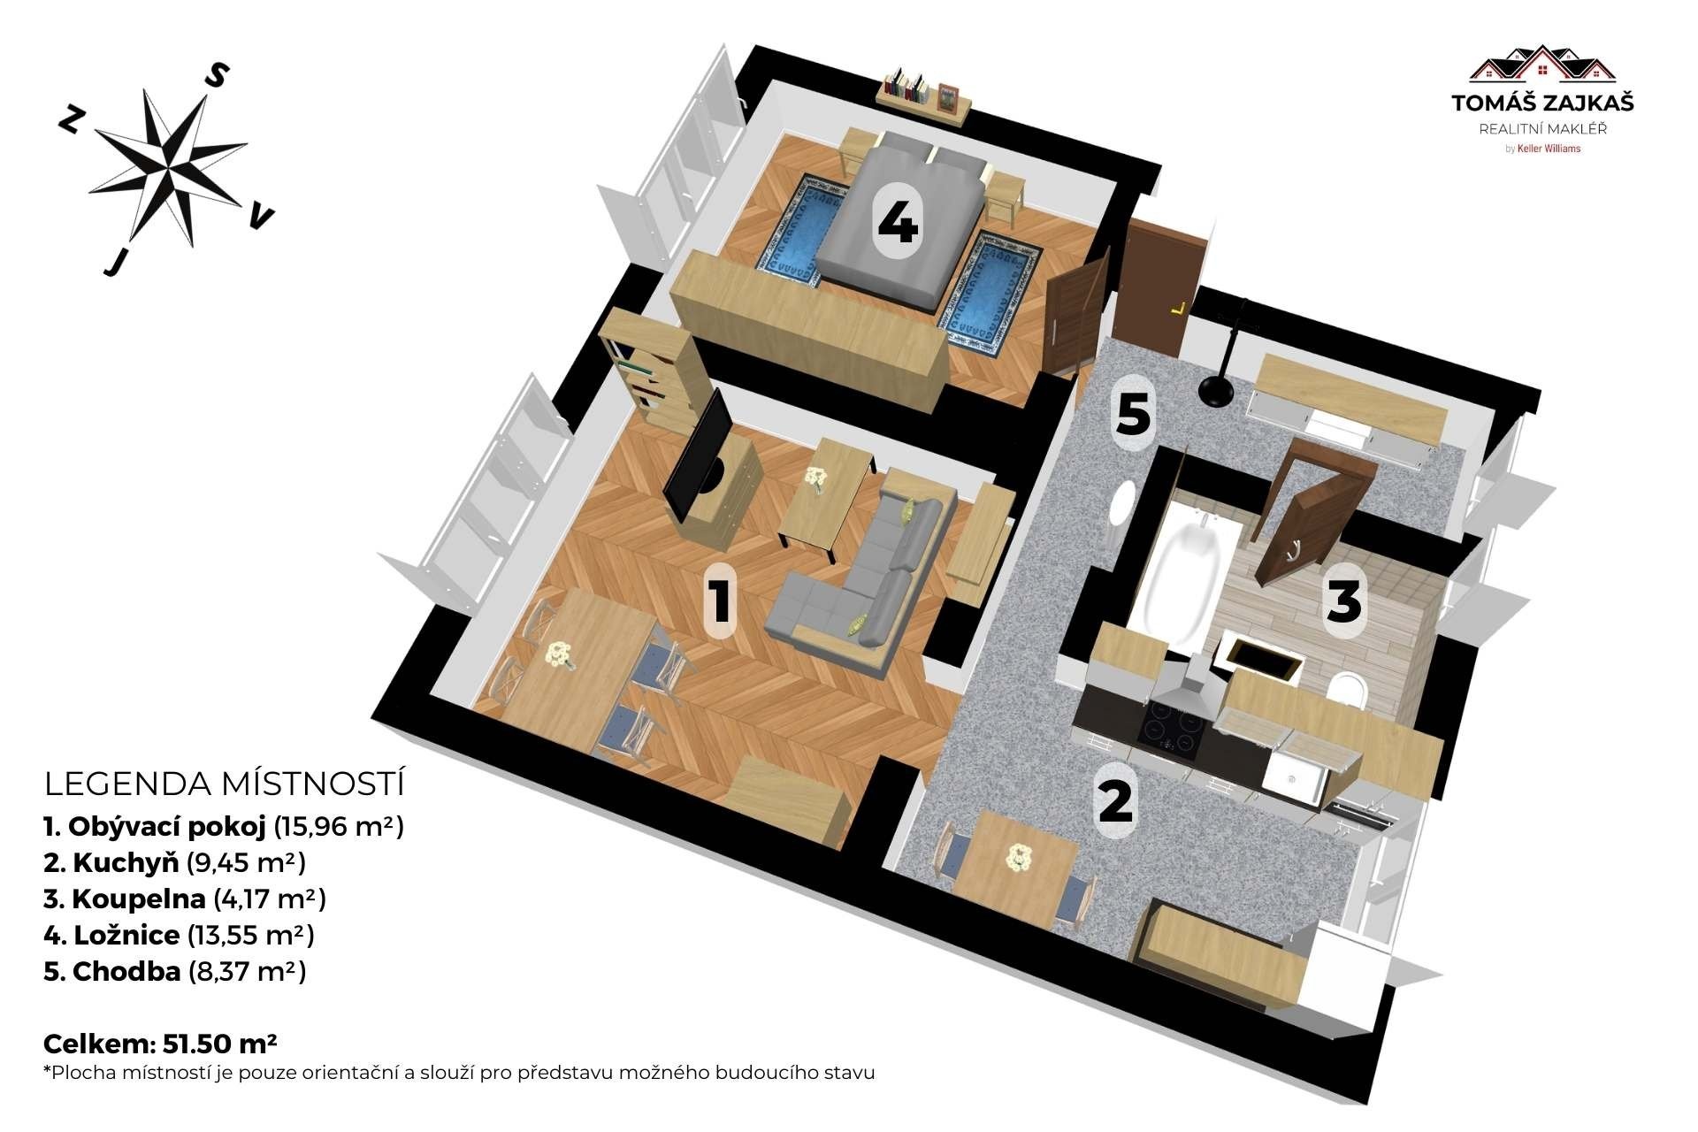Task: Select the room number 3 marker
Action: click(1343, 600)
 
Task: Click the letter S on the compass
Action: click(216, 76)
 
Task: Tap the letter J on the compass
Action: click(113, 262)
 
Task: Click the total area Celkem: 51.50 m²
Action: click(160, 1044)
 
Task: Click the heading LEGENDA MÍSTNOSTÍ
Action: click(224, 784)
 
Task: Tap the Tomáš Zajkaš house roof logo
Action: click(1542, 63)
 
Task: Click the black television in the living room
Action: click(699, 455)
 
